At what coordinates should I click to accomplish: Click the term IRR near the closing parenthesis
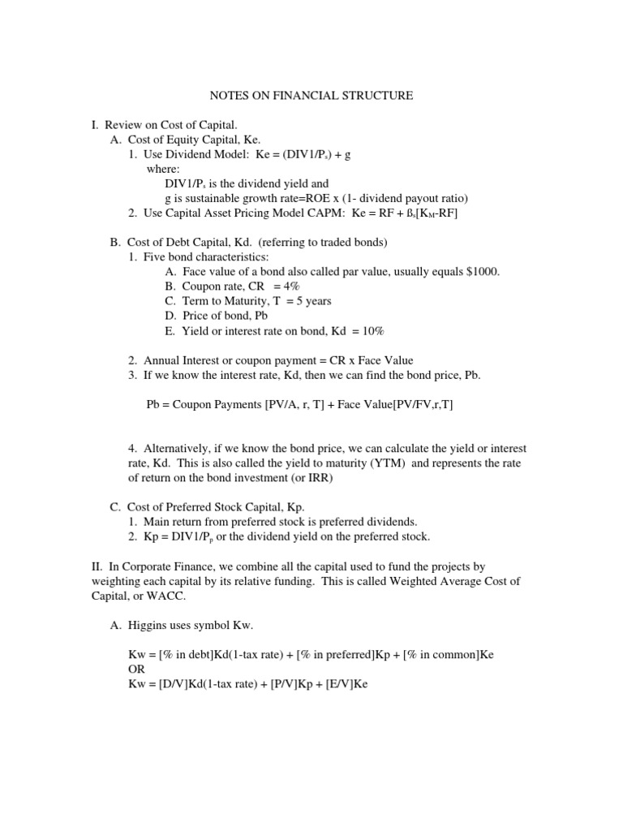tap(322, 478)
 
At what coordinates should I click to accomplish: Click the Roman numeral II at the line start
tap(97, 566)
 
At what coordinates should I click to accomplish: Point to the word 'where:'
tap(163, 169)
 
